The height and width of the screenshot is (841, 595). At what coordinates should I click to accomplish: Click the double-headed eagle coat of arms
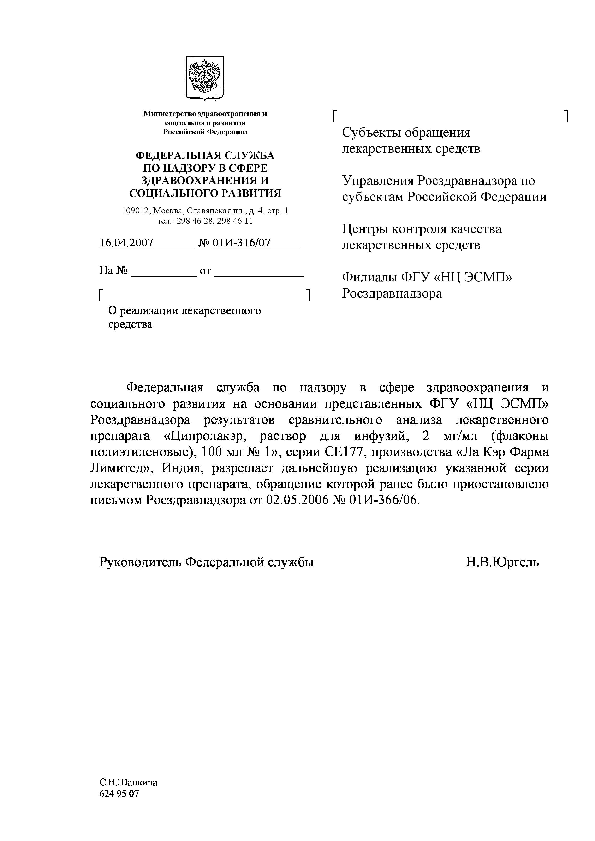pos(205,77)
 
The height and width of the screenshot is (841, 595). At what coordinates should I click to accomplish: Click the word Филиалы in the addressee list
pos(369,277)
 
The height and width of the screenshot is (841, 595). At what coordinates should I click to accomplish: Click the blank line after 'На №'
pos(164,271)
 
